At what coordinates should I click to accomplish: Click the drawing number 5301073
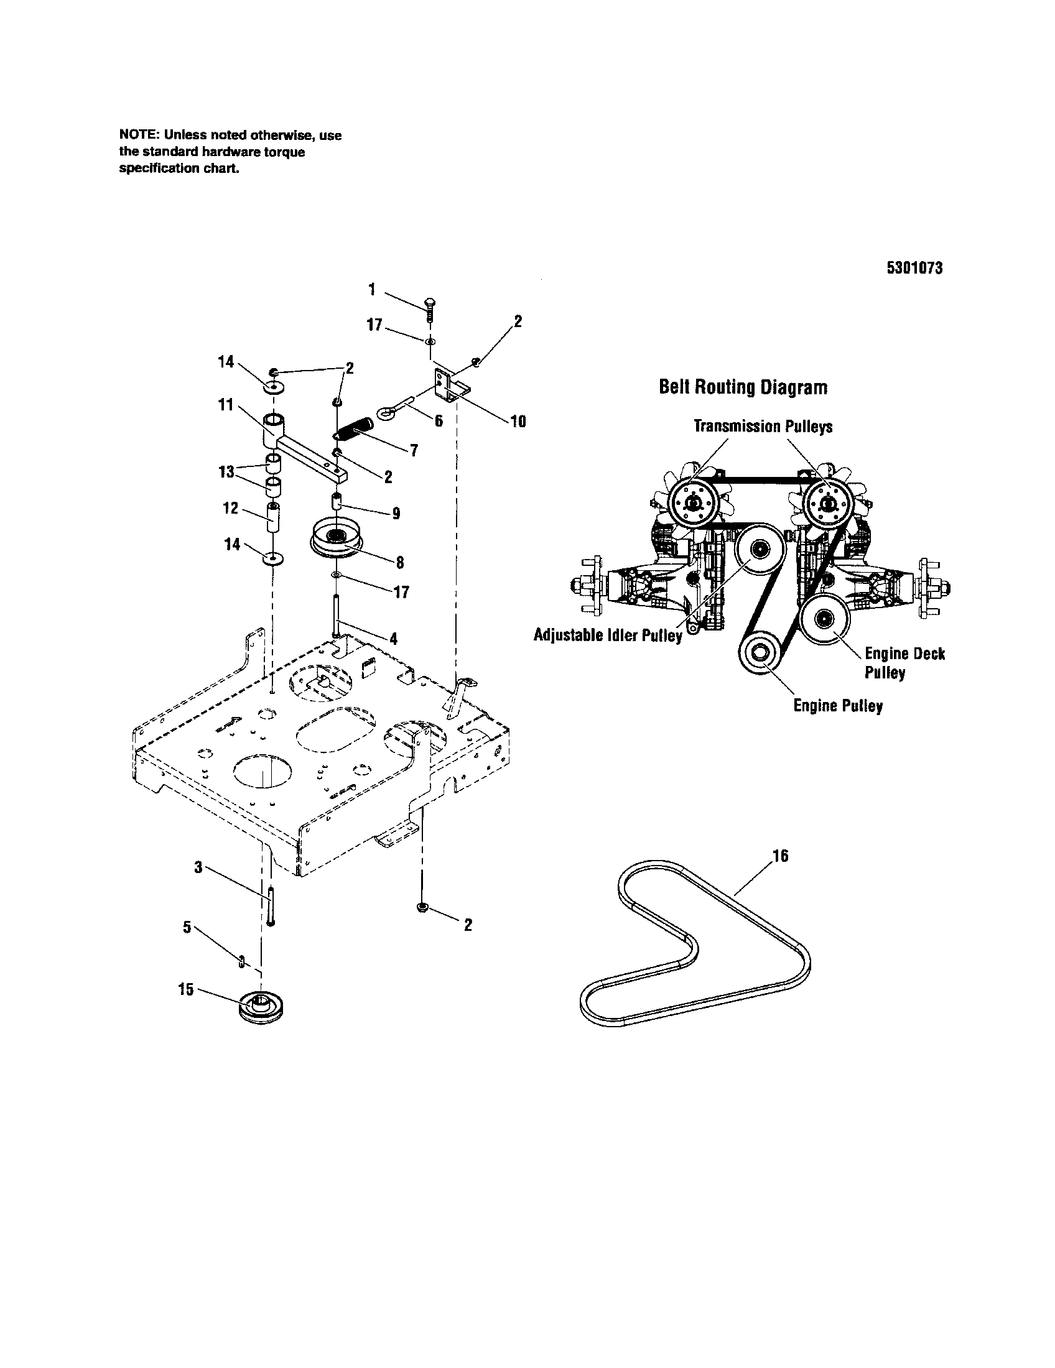tap(914, 268)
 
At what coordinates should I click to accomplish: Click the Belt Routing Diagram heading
tap(743, 388)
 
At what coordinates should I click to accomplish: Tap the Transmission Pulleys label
tap(763, 427)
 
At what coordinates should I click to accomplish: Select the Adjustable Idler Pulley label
tap(607, 635)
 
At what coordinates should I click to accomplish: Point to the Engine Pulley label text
tap(838, 706)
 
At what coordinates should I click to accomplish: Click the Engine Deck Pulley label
tap(904, 663)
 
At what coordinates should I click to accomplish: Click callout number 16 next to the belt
tap(780, 856)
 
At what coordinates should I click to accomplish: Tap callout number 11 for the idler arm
tap(226, 405)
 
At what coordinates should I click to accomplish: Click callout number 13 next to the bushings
tap(226, 471)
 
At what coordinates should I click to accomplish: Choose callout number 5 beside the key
tap(187, 927)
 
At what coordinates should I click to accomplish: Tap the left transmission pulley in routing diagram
tap(692, 502)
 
